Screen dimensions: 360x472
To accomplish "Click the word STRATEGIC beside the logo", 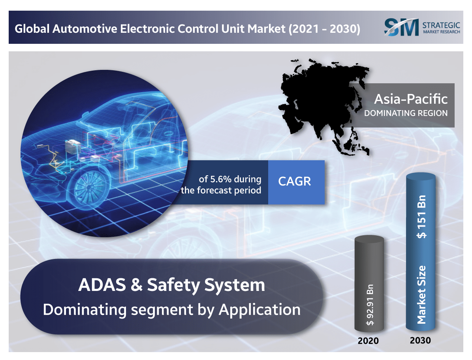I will [441, 24].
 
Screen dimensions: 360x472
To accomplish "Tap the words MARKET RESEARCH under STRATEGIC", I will [441, 32].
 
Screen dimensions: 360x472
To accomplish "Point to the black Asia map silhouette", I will [320, 103].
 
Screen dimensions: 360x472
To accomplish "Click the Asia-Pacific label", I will [411, 99].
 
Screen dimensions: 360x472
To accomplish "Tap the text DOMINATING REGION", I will [406, 113].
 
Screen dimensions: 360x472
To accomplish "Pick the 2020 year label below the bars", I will [368, 341].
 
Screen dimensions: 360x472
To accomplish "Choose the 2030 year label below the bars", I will [420, 340].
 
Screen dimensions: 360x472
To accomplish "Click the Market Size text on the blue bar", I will [422, 294].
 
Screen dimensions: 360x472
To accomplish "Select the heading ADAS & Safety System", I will [171, 285].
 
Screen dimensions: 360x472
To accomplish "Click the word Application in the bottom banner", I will [260, 309].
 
